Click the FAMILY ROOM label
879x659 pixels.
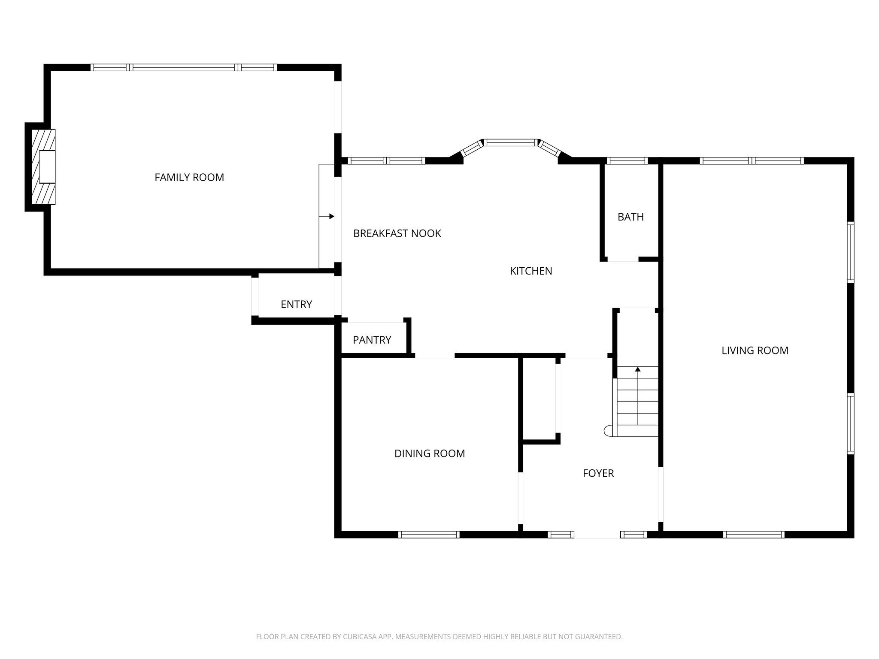[x=189, y=177]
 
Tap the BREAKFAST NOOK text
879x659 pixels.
[x=397, y=233]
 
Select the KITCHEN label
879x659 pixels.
[x=531, y=271]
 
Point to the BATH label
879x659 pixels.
[x=630, y=217]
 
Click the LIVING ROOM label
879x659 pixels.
[x=755, y=351]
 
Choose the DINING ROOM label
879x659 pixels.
[x=430, y=453]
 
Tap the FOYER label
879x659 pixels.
[x=598, y=473]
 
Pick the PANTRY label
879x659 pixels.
[x=372, y=340]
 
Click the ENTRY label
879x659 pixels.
[x=296, y=305]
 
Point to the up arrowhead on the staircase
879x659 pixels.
[x=638, y=369]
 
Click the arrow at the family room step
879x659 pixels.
[x=331, y=216]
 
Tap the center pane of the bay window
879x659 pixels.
[x=510, y=142]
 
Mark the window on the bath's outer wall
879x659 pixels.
[x=627, y=161]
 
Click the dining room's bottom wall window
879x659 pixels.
[x=429, y=535]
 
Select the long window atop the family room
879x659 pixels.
[x=184, y=67]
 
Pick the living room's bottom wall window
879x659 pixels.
[x=754, y=535]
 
